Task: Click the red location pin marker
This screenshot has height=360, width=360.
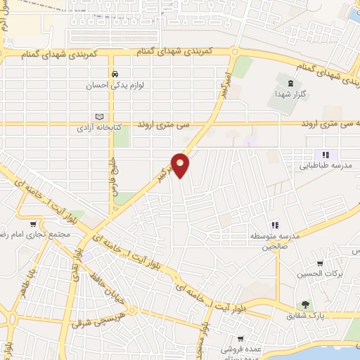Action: point(181,165)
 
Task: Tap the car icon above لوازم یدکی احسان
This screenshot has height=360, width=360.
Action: point(113,73)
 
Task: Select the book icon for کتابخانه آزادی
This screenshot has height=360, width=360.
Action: point(99,117)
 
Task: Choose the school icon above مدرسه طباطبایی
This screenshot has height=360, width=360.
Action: point(325,155)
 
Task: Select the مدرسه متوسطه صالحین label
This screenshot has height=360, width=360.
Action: point(276,241)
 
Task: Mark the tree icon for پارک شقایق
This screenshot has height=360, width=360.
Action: point(305,304)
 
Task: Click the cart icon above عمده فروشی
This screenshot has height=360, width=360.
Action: point(241,338)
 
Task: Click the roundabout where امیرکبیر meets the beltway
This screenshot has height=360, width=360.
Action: point(231,52)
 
